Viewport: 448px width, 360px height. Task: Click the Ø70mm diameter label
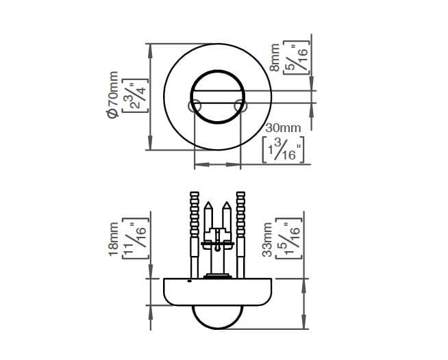pos(112,94)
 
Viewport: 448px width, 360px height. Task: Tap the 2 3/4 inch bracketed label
pos(135,95)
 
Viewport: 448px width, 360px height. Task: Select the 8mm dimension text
pos(275,57)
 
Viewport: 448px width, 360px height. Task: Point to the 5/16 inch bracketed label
pos(297,57)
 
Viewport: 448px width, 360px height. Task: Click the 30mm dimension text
pos(283,128)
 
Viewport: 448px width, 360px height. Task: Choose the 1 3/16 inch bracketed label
pos(283,150)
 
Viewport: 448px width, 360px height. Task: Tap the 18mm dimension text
pos(114,240)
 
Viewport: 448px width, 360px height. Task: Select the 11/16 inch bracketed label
pos(136,238)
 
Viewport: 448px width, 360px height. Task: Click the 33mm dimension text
pos(267,240)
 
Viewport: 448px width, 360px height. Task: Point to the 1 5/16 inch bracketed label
pos(289,238)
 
